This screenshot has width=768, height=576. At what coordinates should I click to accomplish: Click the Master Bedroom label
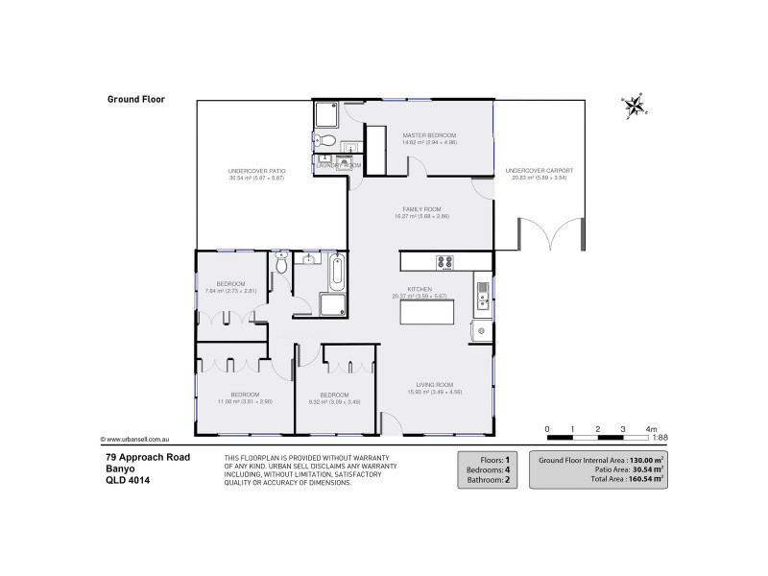pos(429,135)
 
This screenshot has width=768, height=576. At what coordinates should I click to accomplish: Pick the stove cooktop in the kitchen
pos(445,261)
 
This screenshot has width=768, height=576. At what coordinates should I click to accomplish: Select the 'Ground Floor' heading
pos(131,98)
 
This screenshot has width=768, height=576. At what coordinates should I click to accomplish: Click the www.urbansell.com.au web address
pos(140,439)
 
